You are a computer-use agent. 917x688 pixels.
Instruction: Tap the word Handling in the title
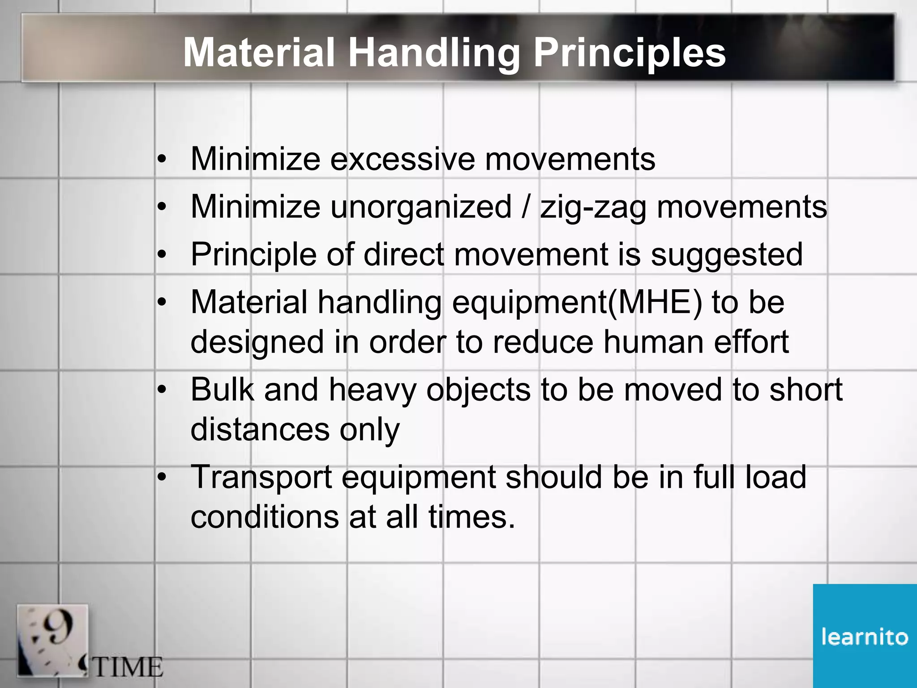(x=433, y=53)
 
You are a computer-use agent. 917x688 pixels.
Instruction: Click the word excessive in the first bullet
(x=402, y=159)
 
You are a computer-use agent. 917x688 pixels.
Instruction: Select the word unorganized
(x=420, y=207)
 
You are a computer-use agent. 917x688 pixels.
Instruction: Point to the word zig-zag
(x=593, y=207)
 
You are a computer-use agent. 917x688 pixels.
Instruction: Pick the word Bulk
(x=223, y=389)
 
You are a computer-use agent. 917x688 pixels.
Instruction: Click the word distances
(x=260, y=429)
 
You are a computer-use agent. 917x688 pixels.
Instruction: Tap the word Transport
(x=261, y=477)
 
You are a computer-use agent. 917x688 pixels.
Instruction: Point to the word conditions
(x=265, y=516)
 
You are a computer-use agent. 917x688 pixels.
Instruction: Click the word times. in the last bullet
(x=471, y=516)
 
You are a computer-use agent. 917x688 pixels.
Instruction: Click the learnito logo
(x=865, y=636)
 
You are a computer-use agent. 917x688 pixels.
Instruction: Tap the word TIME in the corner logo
(x=128, y=667)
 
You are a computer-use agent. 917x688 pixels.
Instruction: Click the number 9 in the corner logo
(x=59, y=627)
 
